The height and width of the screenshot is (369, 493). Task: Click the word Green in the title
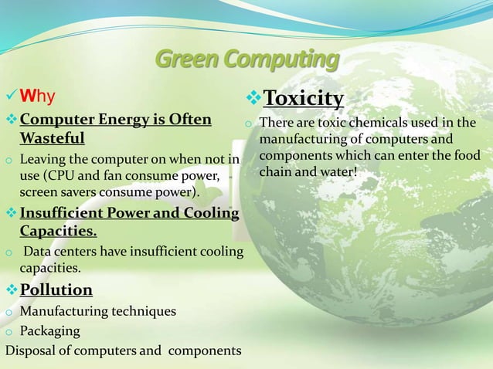183,59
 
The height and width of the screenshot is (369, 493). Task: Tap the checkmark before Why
10,96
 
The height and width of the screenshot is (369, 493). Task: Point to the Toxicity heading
303,98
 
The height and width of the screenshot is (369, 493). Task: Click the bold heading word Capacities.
58,230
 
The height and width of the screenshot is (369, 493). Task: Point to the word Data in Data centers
38,252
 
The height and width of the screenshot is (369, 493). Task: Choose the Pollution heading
56,289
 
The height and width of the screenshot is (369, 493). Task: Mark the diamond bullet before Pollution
10,289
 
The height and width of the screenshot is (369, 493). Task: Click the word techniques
138,311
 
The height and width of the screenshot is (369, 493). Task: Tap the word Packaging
49,330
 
